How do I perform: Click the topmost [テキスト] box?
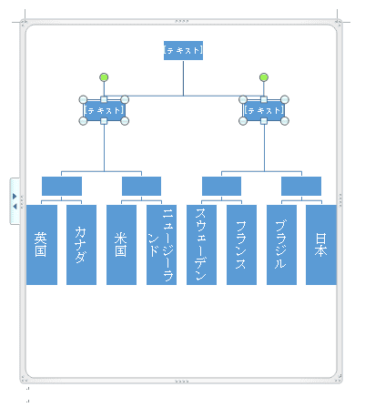pos(183,50)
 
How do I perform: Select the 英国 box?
pos(42,245)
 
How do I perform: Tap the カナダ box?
pos(81,245)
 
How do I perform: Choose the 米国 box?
pos(121,245)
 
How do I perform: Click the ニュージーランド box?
pos(161,245)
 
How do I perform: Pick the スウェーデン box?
pos(201,245)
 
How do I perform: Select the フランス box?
pos(241,245)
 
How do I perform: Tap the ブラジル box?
pos(281,245)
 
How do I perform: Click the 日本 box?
pos(321,245)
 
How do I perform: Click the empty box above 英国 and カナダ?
pos(62,186)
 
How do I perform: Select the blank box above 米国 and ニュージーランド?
pos(141,186)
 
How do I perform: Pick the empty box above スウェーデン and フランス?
pos(221,186)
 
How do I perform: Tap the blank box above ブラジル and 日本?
pos(301,186)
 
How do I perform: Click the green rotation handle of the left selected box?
pos(104,77)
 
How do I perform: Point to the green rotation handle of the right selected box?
pos(264,77)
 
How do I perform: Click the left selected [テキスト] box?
pos(104,110)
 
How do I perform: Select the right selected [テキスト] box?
pos(264,110)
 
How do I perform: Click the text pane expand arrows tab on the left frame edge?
pos(15,201)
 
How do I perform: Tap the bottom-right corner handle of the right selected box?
pos(285,121)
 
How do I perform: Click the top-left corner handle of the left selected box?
pos(83,99)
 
